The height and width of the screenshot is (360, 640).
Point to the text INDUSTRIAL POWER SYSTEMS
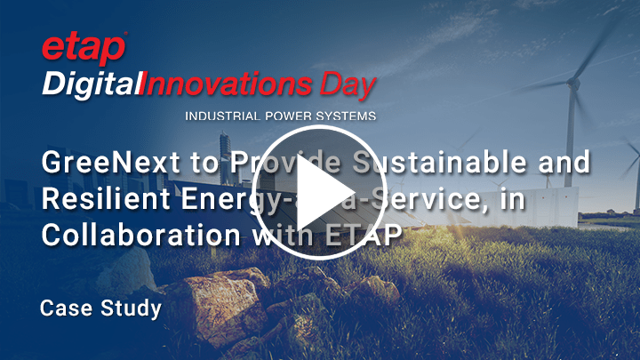coord(280,116)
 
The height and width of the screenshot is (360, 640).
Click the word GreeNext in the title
coord(102,164)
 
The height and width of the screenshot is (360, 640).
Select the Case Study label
coord(100,308)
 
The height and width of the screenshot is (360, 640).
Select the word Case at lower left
coord(64,308)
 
